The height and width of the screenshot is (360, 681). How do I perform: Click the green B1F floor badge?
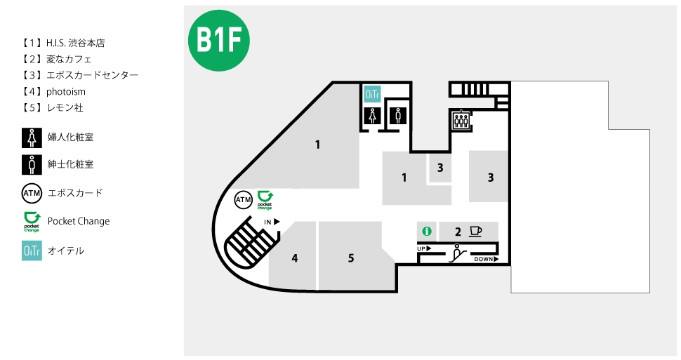pos(219,41)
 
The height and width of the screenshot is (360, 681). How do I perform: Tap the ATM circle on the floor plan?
pos(243,200)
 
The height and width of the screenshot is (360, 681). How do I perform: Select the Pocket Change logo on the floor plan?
pos(265,200)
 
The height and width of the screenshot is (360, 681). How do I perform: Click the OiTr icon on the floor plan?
pos(372,94)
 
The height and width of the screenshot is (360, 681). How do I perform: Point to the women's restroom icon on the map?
pos(372,116)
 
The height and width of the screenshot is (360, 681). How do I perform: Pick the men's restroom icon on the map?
pos(398,116)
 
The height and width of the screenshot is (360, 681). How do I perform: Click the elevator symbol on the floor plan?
pos(461,119)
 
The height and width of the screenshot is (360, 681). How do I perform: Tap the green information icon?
pos(427,231)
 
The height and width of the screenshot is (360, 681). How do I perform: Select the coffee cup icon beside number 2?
pos(476,231)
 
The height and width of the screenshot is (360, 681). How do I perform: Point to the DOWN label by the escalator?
pos(486,259)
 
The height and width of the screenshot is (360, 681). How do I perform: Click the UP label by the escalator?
pos(424,249)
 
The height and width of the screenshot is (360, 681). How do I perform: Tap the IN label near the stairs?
pos(272,222)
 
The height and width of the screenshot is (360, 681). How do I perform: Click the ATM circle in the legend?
pos(32,193)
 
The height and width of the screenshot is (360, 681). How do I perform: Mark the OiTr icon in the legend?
pos(32,251)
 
